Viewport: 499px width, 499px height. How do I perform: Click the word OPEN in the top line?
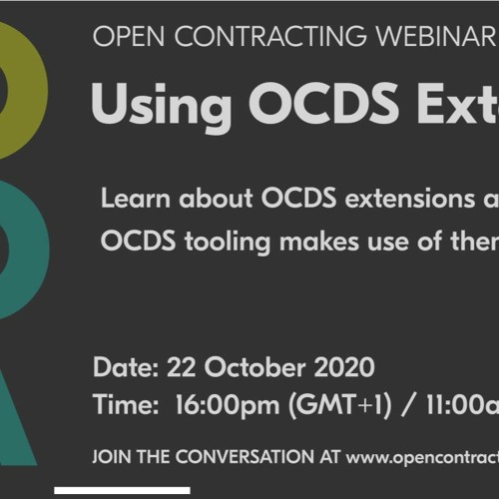pos(129,36)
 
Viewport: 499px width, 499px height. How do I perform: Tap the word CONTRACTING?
pos(270,36)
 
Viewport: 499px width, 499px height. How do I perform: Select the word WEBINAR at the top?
pos(436,36)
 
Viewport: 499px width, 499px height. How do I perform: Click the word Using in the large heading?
pos(162,104)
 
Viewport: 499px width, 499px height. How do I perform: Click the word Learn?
pos(136,199)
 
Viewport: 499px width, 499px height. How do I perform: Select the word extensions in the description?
pos(410,199)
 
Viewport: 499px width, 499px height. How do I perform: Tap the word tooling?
pos(228,241)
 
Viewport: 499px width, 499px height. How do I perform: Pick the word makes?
pos(319,241)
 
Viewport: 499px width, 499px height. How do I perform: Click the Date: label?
pos(126,367)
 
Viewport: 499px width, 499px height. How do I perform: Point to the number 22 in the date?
pos(181,367)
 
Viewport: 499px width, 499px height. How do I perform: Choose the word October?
pos(254,367)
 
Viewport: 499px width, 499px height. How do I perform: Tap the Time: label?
pos(126,404)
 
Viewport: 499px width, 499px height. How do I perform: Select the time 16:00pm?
pos(228,405)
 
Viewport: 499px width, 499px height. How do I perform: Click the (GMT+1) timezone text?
pos(339,405)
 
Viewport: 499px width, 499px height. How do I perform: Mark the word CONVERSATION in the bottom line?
pos(245,456)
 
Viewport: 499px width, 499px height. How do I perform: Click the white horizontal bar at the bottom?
pos(122,490)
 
